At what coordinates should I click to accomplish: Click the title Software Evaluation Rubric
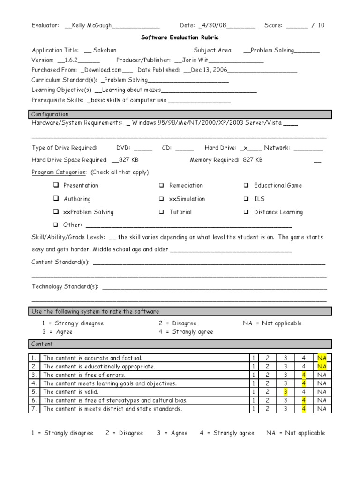[180, 37]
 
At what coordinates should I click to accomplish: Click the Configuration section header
[181, 114]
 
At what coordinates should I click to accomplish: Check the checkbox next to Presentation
[56, 185]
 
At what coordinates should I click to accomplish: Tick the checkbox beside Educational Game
[246, 185]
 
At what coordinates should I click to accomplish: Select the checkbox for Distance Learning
[246, 212]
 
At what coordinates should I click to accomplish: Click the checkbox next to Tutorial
[161, 212]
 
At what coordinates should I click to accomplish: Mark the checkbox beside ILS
[246, 199]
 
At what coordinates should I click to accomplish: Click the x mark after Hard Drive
[245, 148]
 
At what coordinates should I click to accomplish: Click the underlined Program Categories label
[59, 172]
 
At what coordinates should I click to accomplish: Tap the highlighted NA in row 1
[322, 358]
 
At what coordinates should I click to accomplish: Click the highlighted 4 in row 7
[304, 409]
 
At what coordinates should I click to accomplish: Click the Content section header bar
[181, 344]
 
